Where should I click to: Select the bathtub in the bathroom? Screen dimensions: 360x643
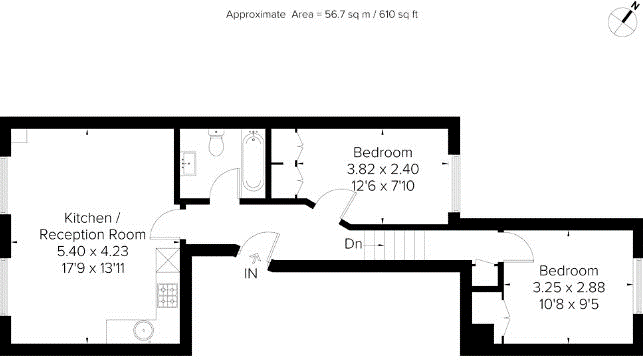pyautogui.click(x=253, y=164)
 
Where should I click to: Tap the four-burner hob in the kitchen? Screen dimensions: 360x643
pyautogui.click(x=166, y=294)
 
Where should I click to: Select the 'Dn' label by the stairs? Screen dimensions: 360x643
pyautogui.click(x=353, y=243)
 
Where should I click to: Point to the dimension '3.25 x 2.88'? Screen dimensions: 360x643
pyautogui.click(x=569, y=288)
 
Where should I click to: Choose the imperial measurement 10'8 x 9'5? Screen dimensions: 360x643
pyautogui.click(x=569, y=304)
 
